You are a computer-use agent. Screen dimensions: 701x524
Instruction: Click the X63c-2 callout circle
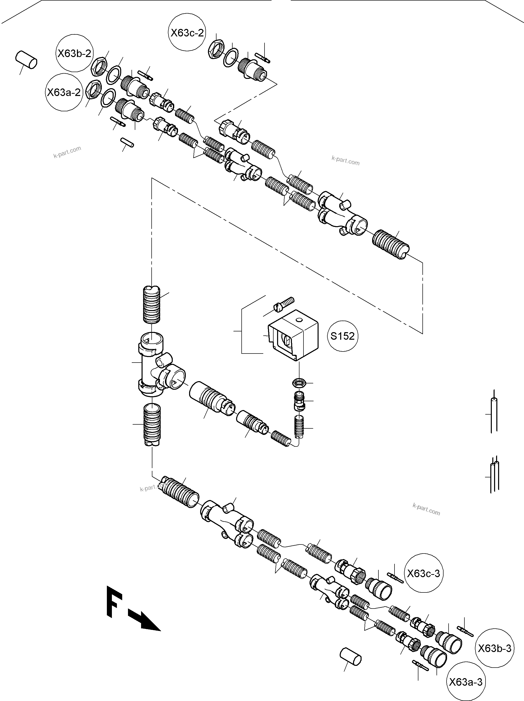pos(187,32)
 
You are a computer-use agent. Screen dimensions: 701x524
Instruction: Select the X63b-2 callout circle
pos(74,53)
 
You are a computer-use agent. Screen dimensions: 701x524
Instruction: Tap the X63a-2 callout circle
pos(64,92)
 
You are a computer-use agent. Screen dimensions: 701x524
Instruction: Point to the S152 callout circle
pos(342,336)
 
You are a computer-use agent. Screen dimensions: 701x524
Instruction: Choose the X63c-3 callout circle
pos(423,573)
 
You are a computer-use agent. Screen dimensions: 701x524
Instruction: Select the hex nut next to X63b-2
pos(99,67)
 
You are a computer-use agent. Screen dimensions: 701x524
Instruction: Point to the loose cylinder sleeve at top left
pos(26,59)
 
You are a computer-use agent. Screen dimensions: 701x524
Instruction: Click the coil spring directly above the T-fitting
pos(152,304)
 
